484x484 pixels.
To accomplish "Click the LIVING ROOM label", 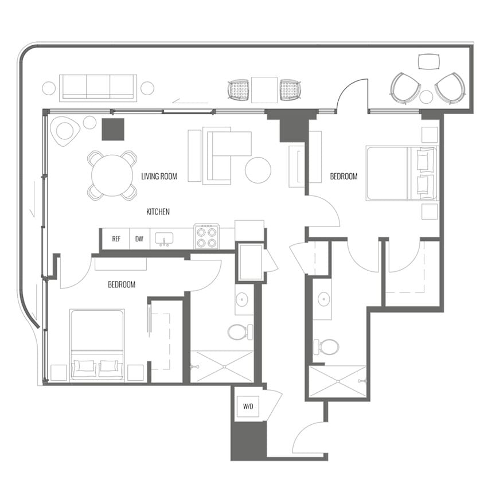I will tap(159, 177).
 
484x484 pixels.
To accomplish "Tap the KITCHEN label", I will tap(158, 212).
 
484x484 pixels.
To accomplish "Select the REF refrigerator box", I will tap(116, 239).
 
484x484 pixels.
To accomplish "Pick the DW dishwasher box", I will tap(139, 239).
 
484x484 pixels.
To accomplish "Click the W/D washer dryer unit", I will tap(248, 407).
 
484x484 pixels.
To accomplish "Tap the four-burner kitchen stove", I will tap(206, 236).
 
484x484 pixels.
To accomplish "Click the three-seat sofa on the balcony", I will tap(98, 88).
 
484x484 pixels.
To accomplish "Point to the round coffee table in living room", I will tap(258, 170).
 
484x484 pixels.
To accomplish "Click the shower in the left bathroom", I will tap(221, 367).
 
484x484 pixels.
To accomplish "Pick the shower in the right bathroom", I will tap(337, 381).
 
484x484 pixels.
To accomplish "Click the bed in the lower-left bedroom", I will tap(97, 345).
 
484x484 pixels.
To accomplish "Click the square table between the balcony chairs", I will tap(264, 90).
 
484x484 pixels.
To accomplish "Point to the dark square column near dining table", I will tap(113, 129).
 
